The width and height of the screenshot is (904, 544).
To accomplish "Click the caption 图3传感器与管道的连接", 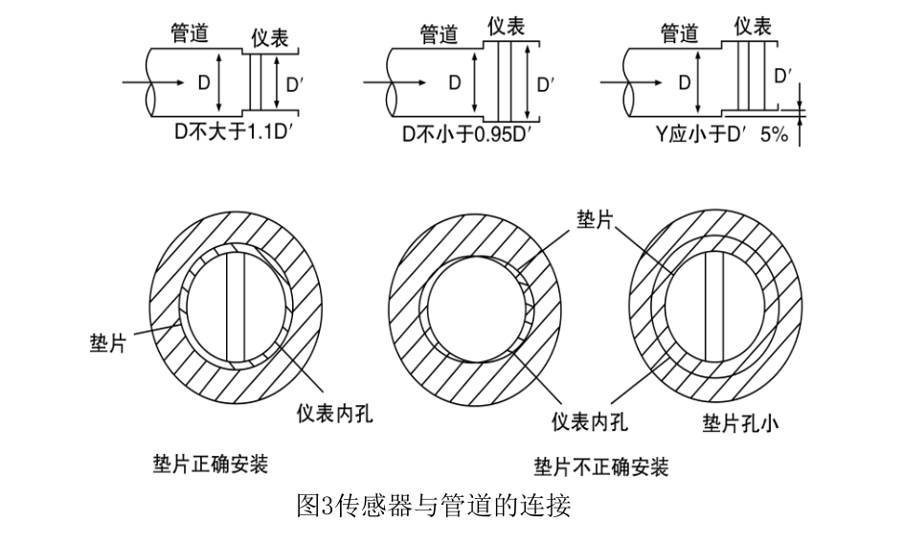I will coord(434,505).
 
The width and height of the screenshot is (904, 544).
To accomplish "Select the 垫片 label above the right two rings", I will coord(595,219).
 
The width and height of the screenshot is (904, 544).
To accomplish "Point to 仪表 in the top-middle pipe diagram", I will coord(507,26).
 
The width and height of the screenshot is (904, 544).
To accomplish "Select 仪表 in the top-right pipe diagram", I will coord(753,26).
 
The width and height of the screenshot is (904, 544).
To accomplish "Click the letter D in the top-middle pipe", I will coord(455,83).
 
